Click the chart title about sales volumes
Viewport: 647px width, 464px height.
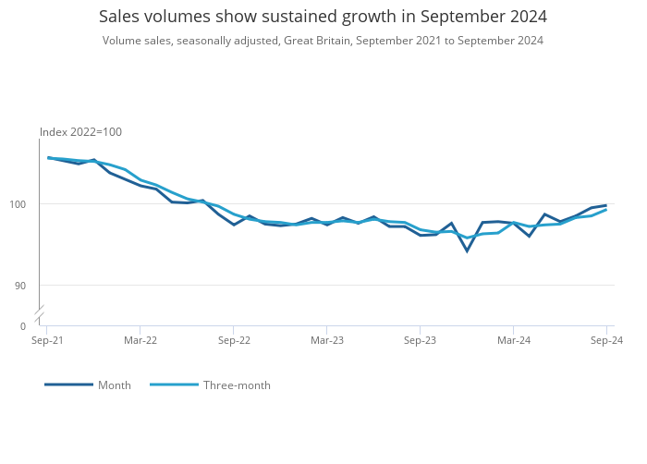(323, 17)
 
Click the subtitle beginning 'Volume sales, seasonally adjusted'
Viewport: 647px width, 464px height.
(323, 41)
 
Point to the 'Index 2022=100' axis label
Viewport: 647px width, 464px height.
(80, 132)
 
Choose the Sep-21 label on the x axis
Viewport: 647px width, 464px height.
(47, 340)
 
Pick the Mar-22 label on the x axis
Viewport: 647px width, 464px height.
(140, 340)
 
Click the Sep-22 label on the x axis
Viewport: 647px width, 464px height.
(234, 340)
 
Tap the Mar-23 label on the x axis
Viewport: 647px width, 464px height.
(327, 340)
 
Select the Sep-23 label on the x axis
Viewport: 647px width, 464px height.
(420, 340)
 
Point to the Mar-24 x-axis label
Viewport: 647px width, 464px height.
(514, 340)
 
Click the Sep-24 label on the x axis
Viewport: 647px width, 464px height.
(606, 340)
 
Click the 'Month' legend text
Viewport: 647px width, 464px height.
(115, 385)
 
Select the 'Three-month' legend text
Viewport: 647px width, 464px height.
(237, 385)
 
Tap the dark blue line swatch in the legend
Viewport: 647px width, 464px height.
(69, 385)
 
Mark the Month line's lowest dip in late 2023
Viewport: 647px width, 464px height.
(467, 250)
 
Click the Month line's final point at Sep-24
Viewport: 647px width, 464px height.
(606, 205)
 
